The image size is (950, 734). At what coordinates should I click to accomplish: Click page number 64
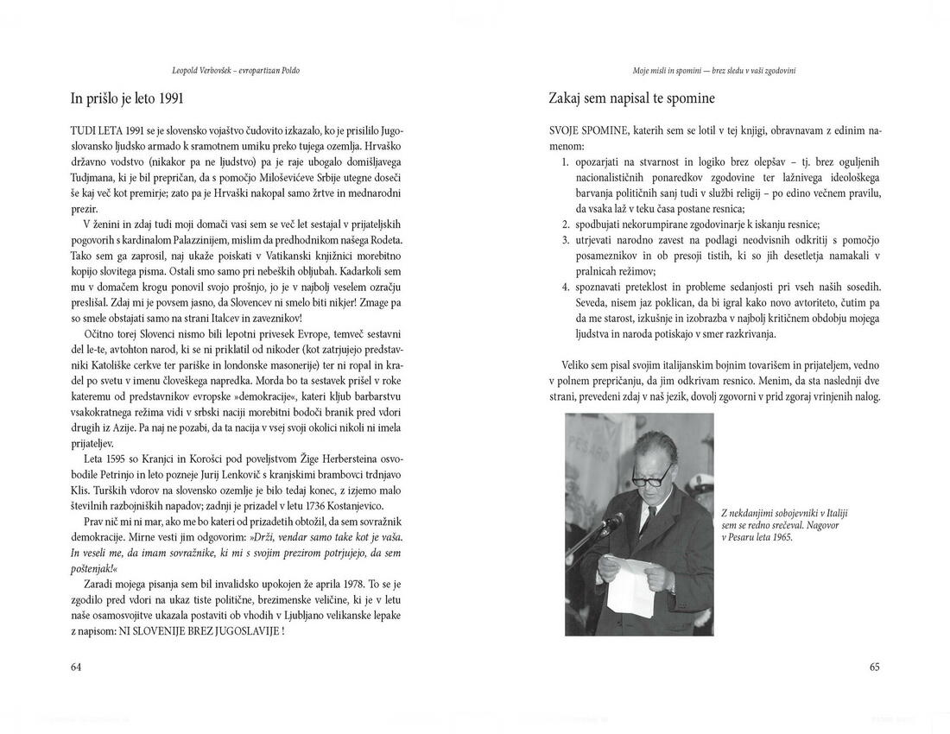tap(76, 667)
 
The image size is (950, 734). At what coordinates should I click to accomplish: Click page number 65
tap(874, 667)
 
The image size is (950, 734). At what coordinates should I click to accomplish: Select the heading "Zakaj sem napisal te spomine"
tap(631, 98)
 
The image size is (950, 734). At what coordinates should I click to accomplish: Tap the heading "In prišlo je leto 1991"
tap(127, 98)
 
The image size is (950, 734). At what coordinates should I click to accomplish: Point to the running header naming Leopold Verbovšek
tap(236, 71)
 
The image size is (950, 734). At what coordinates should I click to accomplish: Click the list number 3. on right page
tap(566, 239)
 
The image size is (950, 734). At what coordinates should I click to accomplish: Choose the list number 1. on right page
tap(566, 161)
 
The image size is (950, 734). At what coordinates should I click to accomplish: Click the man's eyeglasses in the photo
tap(653, 473)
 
